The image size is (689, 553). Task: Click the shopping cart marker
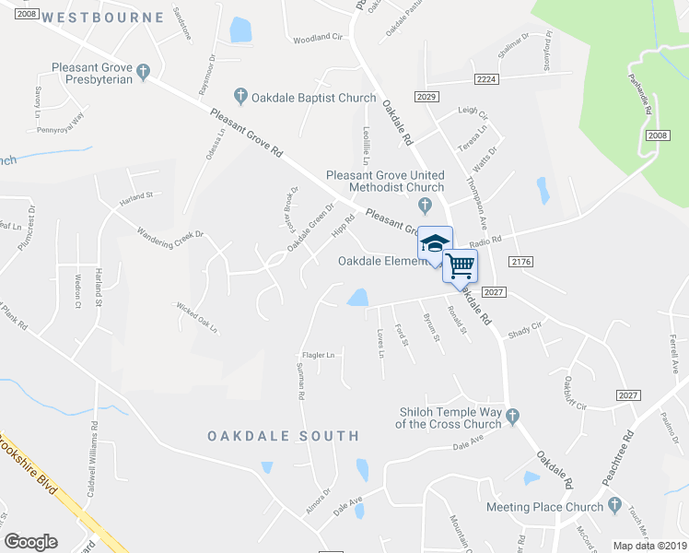460,265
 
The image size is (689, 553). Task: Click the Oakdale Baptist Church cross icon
240,95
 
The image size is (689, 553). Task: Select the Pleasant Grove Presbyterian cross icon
143,70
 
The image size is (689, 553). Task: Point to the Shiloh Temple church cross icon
513,417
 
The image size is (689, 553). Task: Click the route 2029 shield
426,98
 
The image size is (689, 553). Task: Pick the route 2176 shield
520,263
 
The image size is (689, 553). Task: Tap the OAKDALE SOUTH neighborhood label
283,435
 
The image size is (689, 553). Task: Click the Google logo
30,542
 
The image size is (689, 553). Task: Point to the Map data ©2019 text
650,545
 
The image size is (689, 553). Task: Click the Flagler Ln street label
318,355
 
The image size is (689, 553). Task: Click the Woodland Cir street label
317,38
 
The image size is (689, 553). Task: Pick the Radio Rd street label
485,241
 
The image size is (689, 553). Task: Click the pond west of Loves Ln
357,298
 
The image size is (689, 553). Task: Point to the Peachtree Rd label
630,449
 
